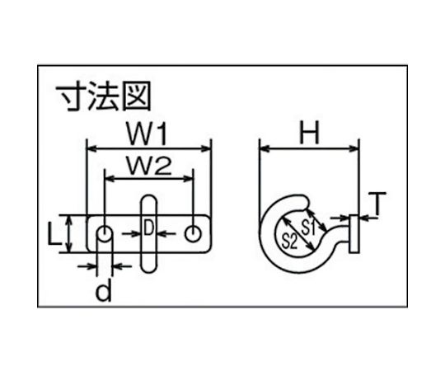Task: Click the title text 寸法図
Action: pos(104,96)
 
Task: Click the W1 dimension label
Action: pos(147,133)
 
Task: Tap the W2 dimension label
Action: pos(149,166)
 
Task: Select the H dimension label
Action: pos(310,133)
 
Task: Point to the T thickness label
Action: pos(377,203)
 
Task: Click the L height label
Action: pos(54,233)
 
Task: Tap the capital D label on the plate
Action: pos(148,228)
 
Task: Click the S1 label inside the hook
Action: pos(308,227)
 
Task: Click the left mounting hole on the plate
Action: pos(104,234)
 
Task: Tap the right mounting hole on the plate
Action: pos(194,234)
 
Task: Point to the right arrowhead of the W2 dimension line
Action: pos(188,179)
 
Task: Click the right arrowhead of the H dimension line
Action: pos(354,148)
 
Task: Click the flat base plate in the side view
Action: pos(354,234)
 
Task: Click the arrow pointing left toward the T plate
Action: pos(368,218)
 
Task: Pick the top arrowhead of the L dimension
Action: pos(68,218)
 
